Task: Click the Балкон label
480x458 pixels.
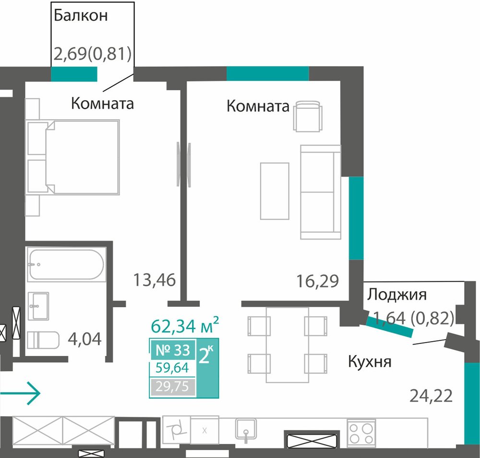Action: coord(81,16)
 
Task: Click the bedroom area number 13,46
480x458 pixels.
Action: coord(155,280)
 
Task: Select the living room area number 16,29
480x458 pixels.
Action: coord(318,281)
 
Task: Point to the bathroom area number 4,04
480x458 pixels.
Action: coord(84,339)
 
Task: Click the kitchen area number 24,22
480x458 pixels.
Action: coord(431,396)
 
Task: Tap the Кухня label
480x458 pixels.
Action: coord(370,362)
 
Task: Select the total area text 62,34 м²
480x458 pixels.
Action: coord(185,325)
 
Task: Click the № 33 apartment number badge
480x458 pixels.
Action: coord(173,350)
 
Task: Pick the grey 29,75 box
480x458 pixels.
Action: coord(173,387)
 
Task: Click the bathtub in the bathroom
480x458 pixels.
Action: coord(66,264)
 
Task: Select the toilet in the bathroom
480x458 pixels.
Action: coord(43,340)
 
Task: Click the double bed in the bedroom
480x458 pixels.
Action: coord(73,157)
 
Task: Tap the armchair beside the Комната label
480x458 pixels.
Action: coord(308,116)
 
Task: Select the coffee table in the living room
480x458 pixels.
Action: coord(275,191)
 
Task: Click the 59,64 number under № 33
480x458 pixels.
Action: coord(172,368)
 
